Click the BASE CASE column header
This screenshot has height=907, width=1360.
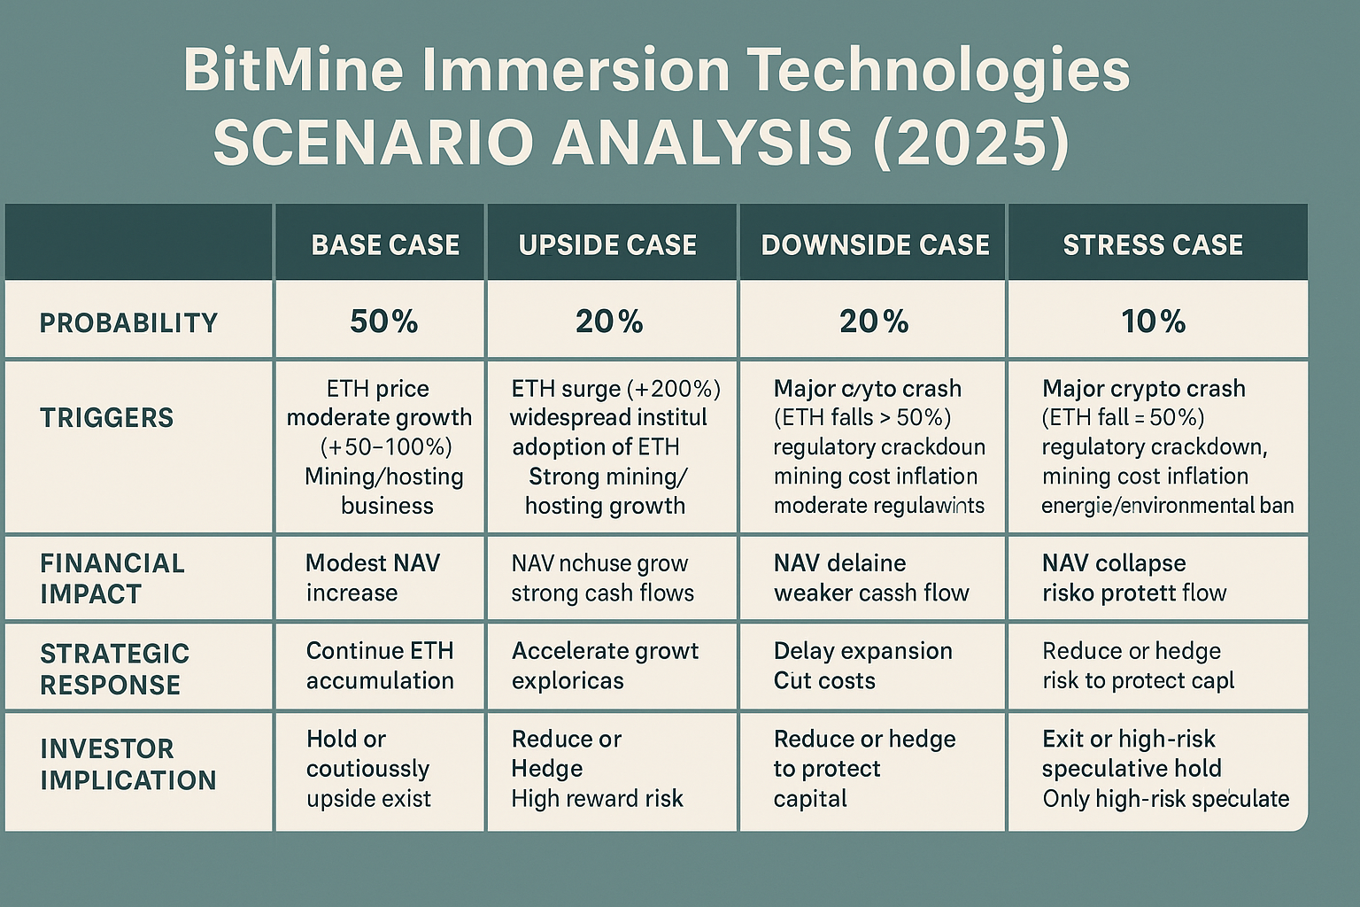(x=385, y=244)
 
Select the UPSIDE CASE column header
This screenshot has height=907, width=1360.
(x=607, y=244)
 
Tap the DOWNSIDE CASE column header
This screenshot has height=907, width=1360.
(x=875, y=244)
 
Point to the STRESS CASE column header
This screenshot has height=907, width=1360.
(x=1153, y=244)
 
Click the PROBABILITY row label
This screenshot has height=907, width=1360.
(x=129, y=322)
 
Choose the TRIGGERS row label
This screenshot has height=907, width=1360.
(x=107, y=417)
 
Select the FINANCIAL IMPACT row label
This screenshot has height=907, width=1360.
(x=112, y=578)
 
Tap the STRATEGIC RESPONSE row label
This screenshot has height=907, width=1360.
(x=115, y=669)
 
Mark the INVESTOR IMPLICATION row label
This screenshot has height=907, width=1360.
(x=128, y=764)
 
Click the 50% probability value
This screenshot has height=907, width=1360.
(x=383, y=321)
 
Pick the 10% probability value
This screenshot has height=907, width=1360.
(x=1153, y=321)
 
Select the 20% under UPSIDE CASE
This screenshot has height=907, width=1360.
(x=609, y=321)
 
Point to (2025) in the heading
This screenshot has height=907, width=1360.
(x=970, y=142)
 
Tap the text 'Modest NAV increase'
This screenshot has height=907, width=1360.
(x=372, y=578)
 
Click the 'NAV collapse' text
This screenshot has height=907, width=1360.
(x=1114, y=563)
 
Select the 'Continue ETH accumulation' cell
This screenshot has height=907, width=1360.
(x=380, y=665)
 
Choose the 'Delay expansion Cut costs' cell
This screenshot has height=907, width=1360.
(x=862, y=665)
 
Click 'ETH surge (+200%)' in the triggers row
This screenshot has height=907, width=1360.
(x=616, y=389)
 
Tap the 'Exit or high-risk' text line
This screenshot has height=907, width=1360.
(x=1129, y=739)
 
